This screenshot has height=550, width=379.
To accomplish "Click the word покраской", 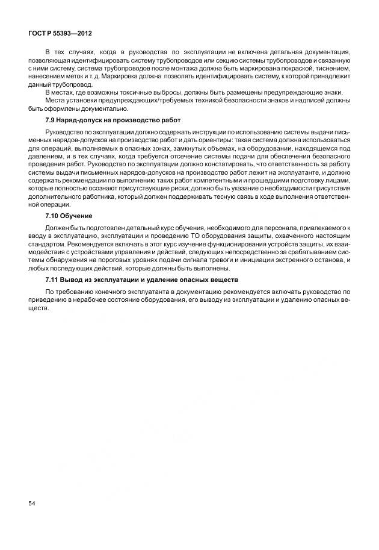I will pos(282,69).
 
